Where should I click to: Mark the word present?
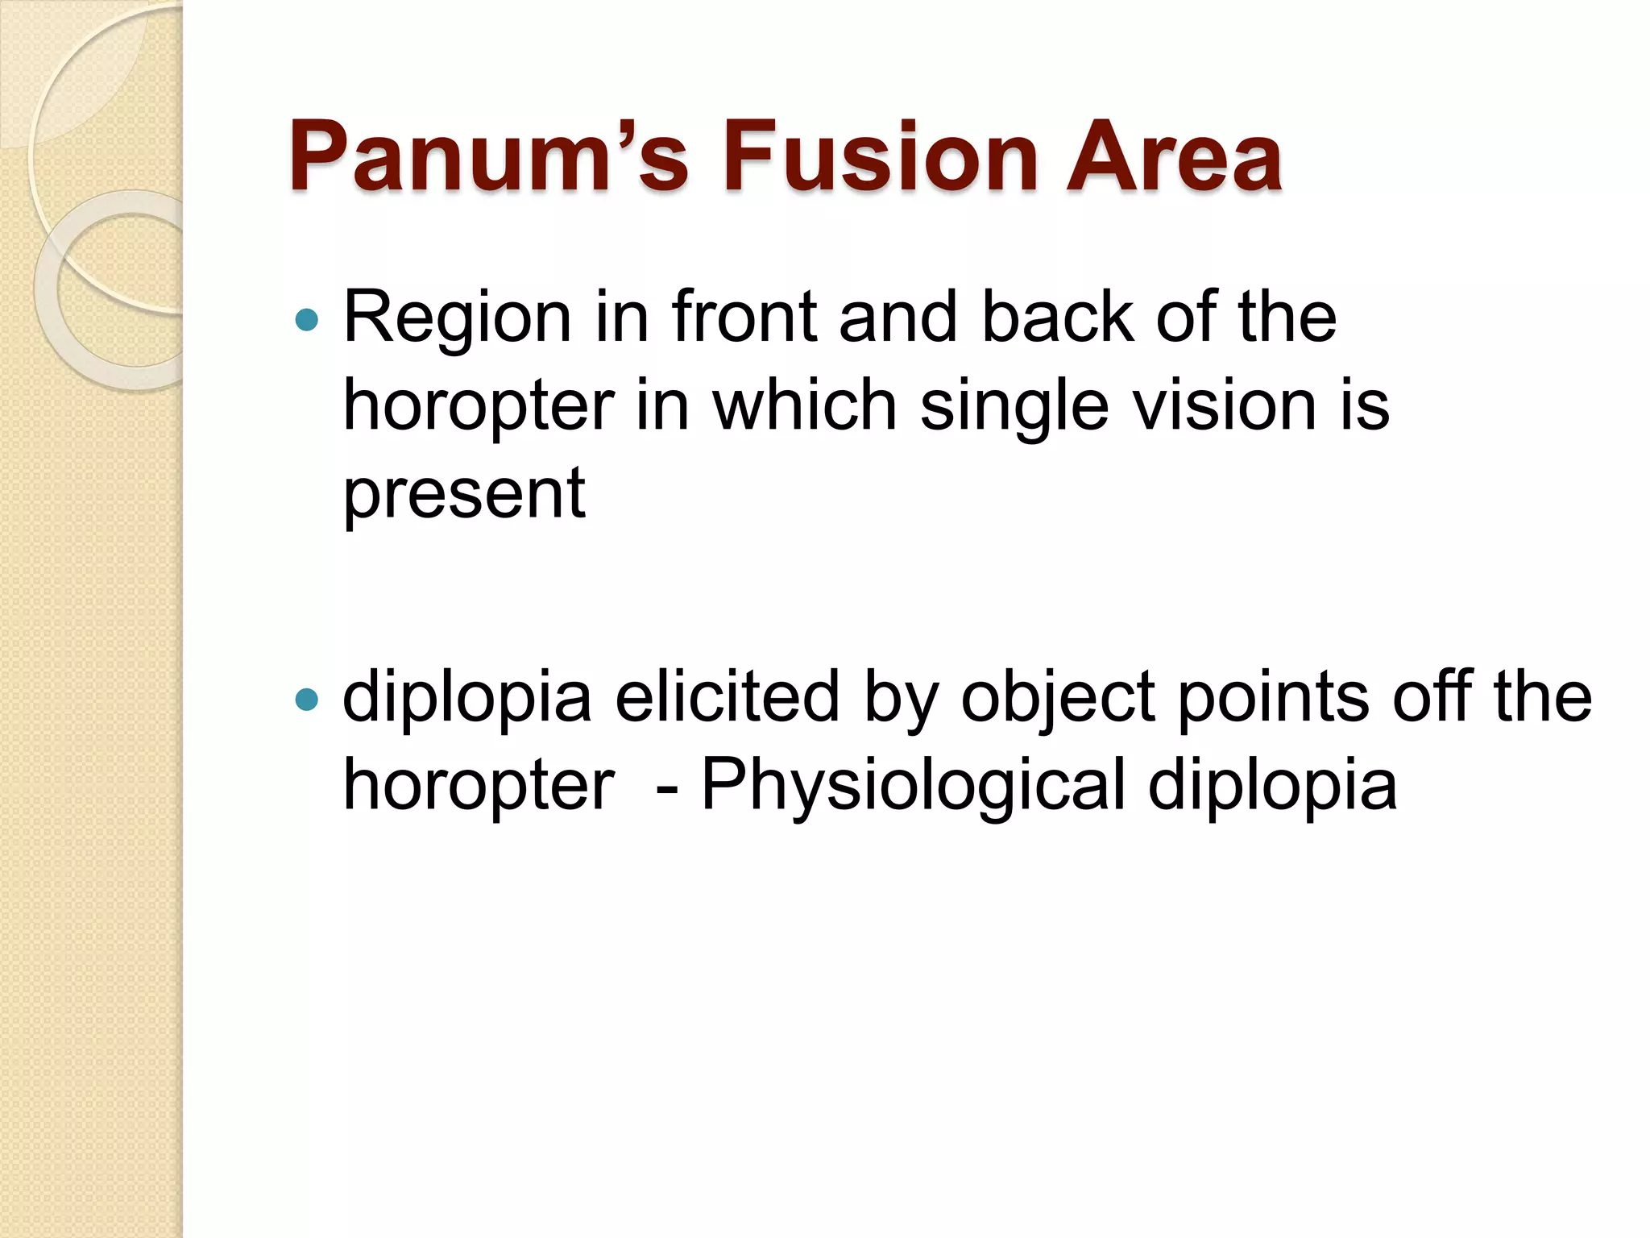point(464,495)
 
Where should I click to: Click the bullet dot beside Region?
point(307,321)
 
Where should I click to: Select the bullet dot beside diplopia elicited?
point(307,699)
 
